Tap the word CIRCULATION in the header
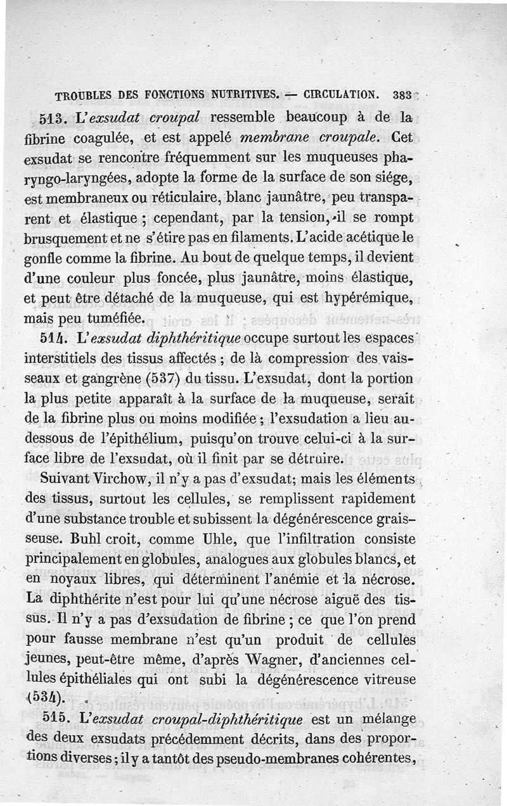[x=342, y=96]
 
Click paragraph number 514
[x=49, y=338]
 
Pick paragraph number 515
[x=49, y=719]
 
